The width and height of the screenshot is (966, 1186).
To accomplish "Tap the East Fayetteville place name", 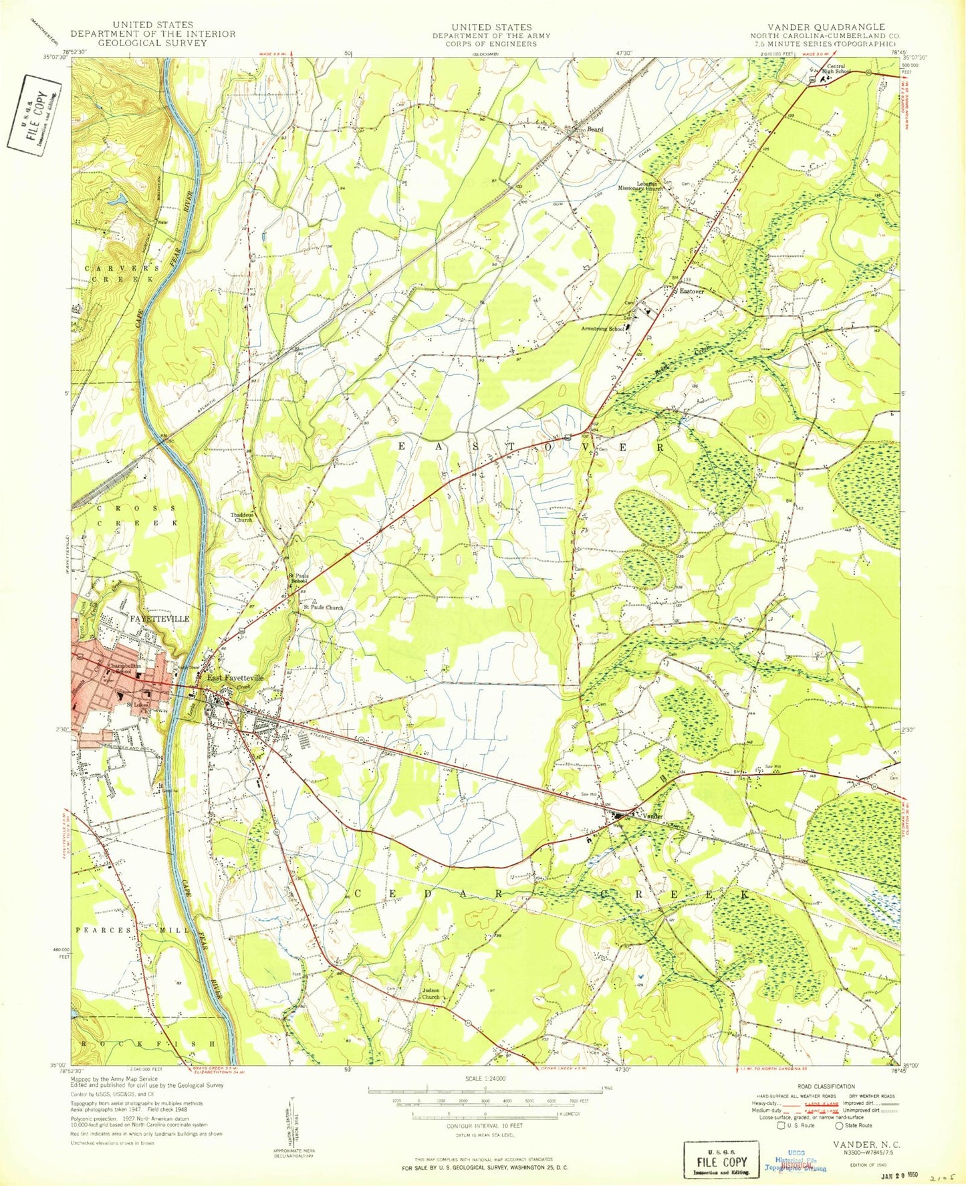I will (x=235, y=677).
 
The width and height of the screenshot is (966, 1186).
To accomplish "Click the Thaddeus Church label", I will (x=241, y=517).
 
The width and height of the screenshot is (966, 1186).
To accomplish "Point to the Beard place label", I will (x=595, y=129).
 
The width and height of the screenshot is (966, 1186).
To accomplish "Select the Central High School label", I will (x=838, y=68).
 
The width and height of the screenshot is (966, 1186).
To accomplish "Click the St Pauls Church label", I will (x=324, y=608).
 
